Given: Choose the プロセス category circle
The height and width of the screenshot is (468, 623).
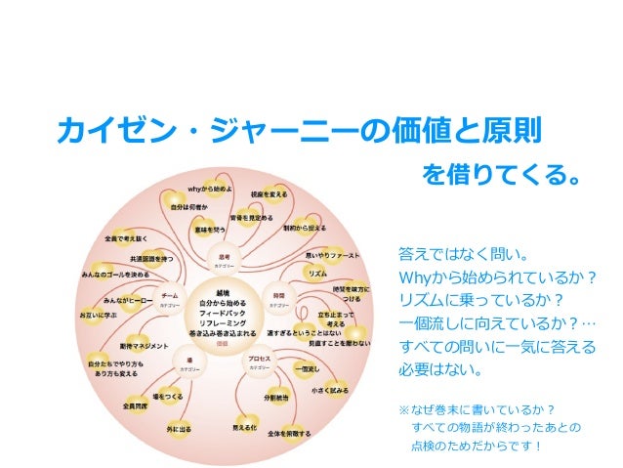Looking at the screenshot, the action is coord(259,361).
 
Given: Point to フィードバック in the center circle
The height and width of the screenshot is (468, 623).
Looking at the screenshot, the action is coord(222,312).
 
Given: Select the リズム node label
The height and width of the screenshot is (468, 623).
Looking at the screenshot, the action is coord(317,273).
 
